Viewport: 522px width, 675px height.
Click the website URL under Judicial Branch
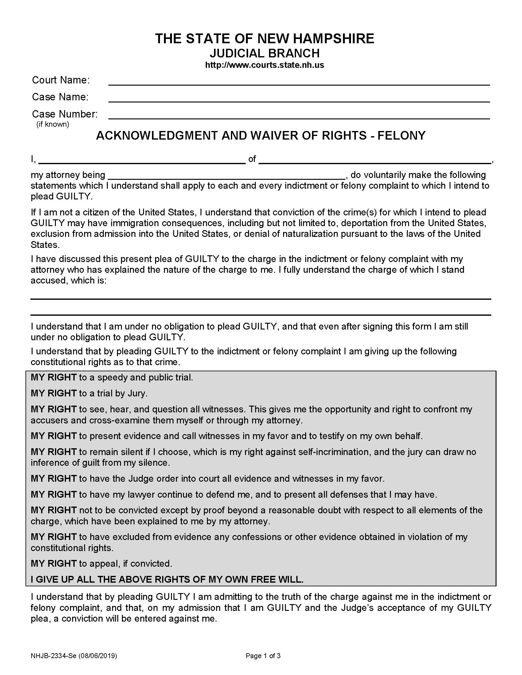click(x=264, y=65)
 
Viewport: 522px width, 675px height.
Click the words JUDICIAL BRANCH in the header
click(x=264, y=53)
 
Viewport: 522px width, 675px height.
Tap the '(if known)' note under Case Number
click(x=53, y=124)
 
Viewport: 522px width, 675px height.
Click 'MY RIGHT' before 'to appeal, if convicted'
click(x=53, y=563)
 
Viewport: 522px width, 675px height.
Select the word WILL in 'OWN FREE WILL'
click(x=290, y=580)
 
